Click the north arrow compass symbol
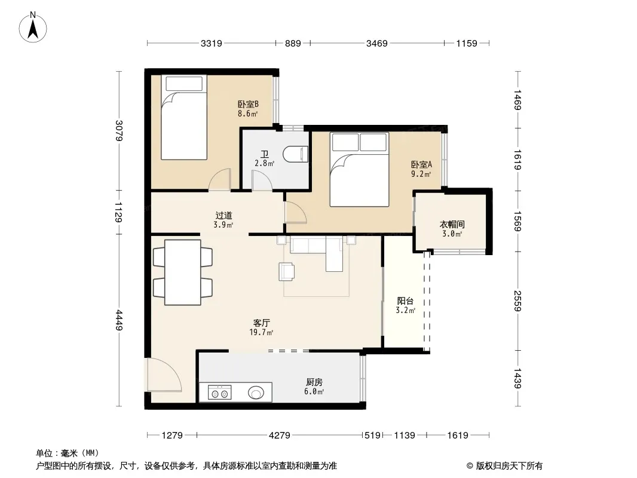[33, 27]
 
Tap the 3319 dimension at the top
[212, 43]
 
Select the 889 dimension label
[293, 43]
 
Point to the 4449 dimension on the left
[119, 320]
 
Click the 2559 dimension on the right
[517, 301]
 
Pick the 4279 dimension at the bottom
[280, 436]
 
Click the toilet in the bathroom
[295, 154]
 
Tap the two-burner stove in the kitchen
[220, 393]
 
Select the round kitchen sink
[256, 393]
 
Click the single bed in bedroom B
[184, 117]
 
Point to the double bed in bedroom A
[359, 169]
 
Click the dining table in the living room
[182, 272]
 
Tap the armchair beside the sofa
[287, 271]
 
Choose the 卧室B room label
[248, 105]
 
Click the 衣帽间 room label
[452, 224]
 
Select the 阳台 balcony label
[405, 301]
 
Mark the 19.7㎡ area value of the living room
[261, 333]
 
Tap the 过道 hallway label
[223, 216]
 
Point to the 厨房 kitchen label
[314, 382]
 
